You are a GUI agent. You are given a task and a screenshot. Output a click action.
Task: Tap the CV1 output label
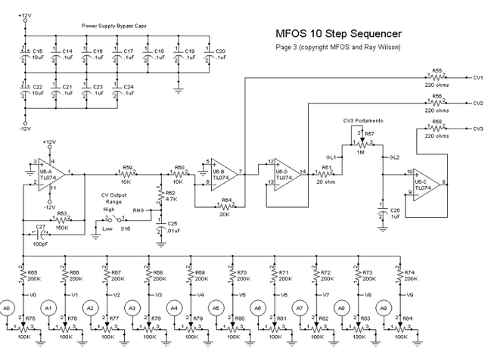pos(477,77)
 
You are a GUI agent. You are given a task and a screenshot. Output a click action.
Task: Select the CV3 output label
pos(477,129)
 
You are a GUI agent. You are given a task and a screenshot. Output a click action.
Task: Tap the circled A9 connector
pos(384,308)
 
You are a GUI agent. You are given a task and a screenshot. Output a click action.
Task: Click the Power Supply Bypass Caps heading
pos(115,26)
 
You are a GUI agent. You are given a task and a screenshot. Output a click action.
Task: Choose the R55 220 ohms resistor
pos(436,76)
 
